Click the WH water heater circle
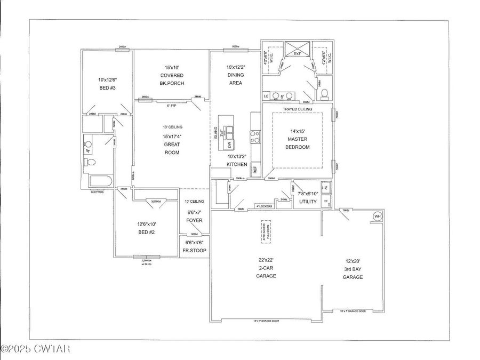click(377, 216)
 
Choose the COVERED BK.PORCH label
click(172, 76)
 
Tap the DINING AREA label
click(235, 75)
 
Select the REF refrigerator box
click(255, 170)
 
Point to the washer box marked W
click(326, 188)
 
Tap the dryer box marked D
click(326, 202)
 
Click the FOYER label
click(194, 220)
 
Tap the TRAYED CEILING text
click(298, 109)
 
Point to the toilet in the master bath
click(324, 94)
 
